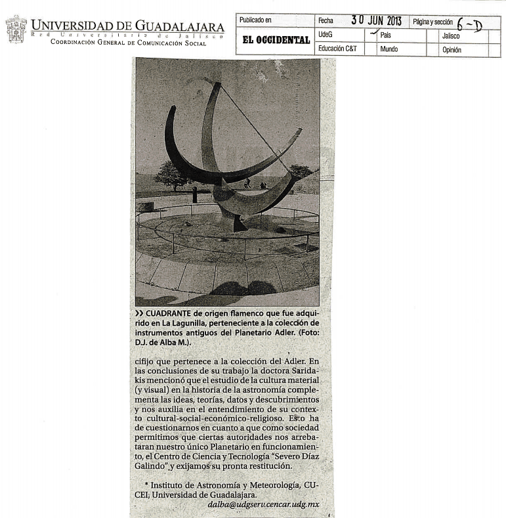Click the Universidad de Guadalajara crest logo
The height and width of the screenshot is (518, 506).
pyautogui.click(x=16, y=29)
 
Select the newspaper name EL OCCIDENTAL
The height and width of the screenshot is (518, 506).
pyautogui.click(x=276, y=40)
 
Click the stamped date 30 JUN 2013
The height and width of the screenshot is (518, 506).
pyautogui.click(x=376, y=20)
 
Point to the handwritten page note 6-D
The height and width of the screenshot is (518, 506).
pyautogui.click(x=469, y=25)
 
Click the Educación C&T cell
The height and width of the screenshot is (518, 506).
pyautogui.click(x=337, y=49)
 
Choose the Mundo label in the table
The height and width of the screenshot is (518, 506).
pyautogui.click(x=389, y=49)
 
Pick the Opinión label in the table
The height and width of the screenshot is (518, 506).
pyautogui.click(x=452, y=50)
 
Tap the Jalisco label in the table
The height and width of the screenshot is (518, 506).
pyautogui.click(x=452, y=35)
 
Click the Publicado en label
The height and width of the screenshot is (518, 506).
pyautogui.click(x=255, y=20)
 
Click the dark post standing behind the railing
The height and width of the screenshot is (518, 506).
pyautogui.click(x=194, y=194)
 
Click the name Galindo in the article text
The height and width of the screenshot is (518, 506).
pyautogui.click(x=151, y=466)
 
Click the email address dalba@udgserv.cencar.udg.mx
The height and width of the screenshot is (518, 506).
pyautogui.click(x=263, y=504)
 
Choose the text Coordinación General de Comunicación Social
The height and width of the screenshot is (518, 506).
pyautogui.click(x=123, y=42)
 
